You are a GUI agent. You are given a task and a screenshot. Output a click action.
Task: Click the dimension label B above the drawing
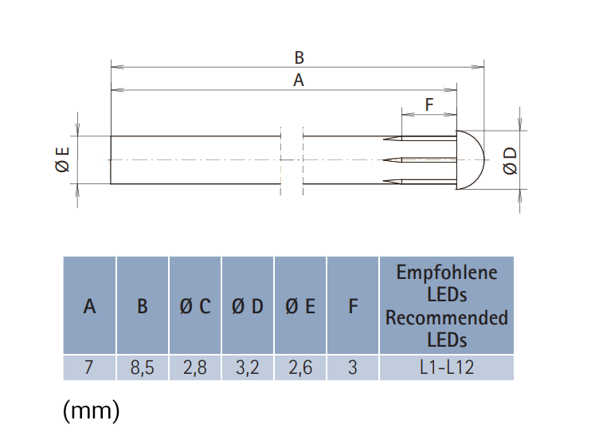299,57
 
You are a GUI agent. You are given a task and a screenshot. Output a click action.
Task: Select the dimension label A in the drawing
299,81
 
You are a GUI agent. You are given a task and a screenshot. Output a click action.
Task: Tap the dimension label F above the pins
429,104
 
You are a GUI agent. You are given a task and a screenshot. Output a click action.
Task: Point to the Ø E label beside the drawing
63,159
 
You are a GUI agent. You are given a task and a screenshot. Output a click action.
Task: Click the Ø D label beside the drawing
510,161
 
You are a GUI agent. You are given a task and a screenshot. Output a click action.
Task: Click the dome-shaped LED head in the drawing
471,159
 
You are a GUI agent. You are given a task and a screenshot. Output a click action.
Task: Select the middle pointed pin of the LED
420,160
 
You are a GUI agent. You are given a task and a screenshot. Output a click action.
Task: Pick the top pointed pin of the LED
420,138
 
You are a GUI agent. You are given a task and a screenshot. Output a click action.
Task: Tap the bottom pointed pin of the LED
420,182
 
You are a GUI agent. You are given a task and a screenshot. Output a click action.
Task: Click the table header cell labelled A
89,305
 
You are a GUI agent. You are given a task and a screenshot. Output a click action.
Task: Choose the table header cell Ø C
195,305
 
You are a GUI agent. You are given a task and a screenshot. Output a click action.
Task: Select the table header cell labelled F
353,305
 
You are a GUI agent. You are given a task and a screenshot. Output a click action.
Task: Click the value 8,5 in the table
142,367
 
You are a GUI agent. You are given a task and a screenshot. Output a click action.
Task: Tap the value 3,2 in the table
248,367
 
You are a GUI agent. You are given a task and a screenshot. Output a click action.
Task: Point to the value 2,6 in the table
300,367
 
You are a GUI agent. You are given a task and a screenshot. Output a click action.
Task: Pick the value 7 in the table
89,367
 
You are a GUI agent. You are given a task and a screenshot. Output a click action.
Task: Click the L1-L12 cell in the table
447,367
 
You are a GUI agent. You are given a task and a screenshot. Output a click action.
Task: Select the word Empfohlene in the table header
447,273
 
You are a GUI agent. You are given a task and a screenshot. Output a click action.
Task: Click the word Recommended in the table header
447,317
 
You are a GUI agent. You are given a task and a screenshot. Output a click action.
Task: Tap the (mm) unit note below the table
92,411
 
